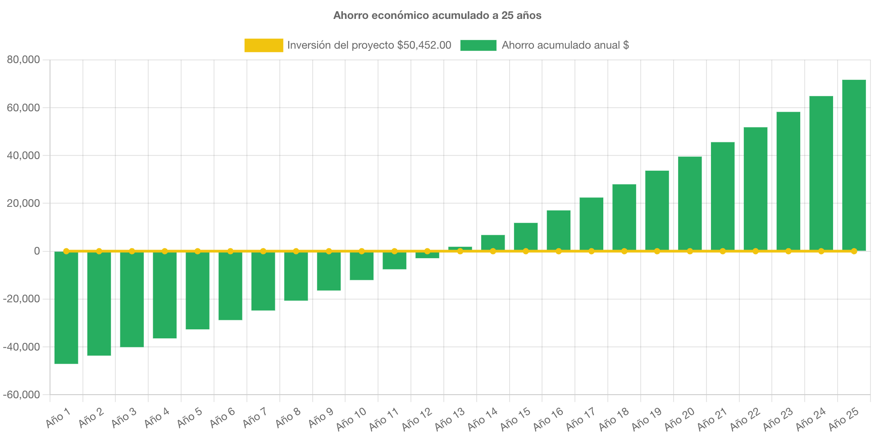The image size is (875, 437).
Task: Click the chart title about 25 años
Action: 437,15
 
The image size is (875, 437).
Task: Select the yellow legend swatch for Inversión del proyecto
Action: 264,45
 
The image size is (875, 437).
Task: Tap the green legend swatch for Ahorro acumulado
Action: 478,45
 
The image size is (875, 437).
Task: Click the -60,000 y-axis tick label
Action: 22,395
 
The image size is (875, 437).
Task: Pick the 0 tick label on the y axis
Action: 36,251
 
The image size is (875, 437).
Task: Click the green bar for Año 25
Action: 854,165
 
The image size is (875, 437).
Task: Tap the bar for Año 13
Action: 460,248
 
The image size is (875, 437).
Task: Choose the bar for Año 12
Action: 427,255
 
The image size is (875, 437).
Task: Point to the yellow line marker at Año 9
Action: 329,251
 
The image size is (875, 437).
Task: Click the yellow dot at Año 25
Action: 854,251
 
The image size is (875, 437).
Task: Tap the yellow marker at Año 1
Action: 66,251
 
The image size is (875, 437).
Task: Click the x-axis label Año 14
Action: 482,419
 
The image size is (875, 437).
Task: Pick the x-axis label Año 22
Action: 745,419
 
